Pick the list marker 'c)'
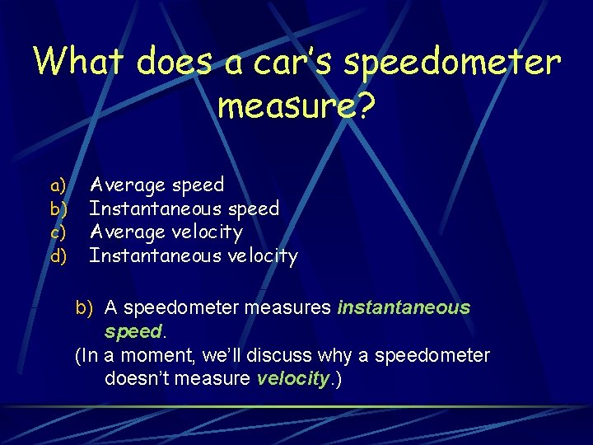click(x=58, y=233)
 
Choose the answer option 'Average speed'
click(x=156, y=185)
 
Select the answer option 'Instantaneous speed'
click(x=184, y=209)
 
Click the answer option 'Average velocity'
click(x=166, y=233)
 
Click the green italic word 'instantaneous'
click(x=404, y=308)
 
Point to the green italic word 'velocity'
click(x=292, y=379)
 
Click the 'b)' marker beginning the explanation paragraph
click(x=85, y=308)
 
